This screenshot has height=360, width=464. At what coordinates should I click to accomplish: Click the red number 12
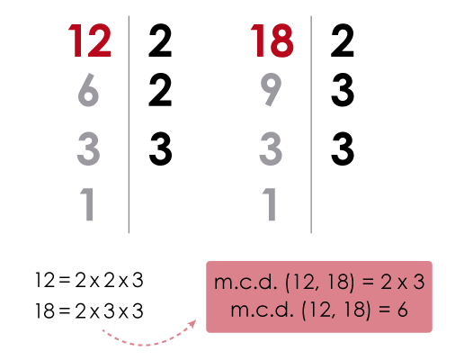pos(90,40)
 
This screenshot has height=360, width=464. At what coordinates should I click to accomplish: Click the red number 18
pos(272,40)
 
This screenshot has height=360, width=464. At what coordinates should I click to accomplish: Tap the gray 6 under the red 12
pos(88,90)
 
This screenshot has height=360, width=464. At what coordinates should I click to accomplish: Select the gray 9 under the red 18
pos(271,90)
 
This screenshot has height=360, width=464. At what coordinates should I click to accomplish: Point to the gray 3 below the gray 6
pos(88,148)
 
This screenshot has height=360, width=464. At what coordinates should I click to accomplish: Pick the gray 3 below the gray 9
pos(271,148)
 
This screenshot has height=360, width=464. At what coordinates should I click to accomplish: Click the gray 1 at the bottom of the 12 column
pos(87,204)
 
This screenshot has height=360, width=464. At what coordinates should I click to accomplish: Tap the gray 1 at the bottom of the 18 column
pos(270,204)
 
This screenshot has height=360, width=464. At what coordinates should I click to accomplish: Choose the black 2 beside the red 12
pos(160,40)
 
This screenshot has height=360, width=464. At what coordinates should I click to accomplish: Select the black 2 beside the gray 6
pos(160,90)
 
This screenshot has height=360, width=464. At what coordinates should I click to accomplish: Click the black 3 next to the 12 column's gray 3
pos(161,148)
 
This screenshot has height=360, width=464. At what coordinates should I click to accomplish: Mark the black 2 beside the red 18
pos(343,40)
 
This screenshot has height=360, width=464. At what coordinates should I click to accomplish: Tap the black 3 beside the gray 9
pos(343,90)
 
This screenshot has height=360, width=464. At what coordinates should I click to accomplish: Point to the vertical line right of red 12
pos(129,124)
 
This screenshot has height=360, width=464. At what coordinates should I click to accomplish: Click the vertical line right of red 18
pos(311,124)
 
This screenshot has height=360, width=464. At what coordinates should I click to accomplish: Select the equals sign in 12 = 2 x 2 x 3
pos(65,281)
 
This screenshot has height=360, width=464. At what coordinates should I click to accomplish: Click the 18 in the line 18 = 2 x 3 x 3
pos(45,310)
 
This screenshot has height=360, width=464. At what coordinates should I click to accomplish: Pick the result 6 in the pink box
pos(402,310)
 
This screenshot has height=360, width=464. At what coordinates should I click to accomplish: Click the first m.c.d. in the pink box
pos(245,282)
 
